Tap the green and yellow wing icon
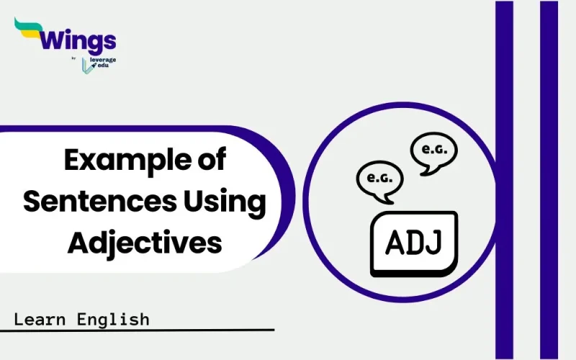[27, 30]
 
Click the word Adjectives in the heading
[144, 243]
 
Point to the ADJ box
[413, 244]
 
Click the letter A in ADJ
[393, 244]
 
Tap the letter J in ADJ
[434, 244]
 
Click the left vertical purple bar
[504, 180]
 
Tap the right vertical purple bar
[549, 180]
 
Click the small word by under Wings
[75, 59]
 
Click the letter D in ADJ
[414, 244]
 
